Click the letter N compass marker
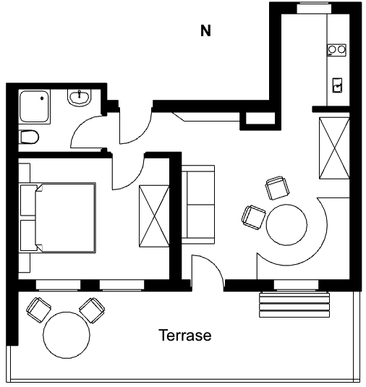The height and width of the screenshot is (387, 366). pyautogui.click(x=205, y=31)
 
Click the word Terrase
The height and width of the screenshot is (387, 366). pyautogui.click(x=186, y=335)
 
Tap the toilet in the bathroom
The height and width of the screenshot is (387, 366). pyautogui.click(x=30, y=137)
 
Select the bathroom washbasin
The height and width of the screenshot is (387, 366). pyautogui.click(x=79, y=98)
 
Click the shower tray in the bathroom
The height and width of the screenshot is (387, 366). pyautogui.click(x=35, y=106)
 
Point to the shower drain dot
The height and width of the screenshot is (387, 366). pyautogui.click(x=42, y=98)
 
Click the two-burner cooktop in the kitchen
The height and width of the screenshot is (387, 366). pyautogui.click(x=336, y=50)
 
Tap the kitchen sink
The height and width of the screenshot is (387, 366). pyautogui.click(x=337, y=85)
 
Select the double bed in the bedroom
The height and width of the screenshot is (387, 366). pyautogui.click(x=58, y=218)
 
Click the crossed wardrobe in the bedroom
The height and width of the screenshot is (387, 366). pyautogui.click(x=154, y=216)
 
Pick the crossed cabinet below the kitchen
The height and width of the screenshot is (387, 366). pyautogui.click(x=334, y=148)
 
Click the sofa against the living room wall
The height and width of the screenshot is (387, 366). pyautogui.click(x=198, y=205)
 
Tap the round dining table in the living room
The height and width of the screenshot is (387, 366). pyautogui.click(x=286, y=224)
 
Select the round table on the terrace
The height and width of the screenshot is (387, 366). pyautogui.click(x=67, y=335)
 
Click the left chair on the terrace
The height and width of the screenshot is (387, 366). pyautogui.click(x=39, y=310)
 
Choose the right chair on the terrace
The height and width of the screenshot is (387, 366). pyautogui.click(x=92, y=310)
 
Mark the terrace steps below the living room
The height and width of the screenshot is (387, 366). pyautogui.click(x=294, y=305)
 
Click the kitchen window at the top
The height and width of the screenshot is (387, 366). pyautogui.click(x=314, y=8)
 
